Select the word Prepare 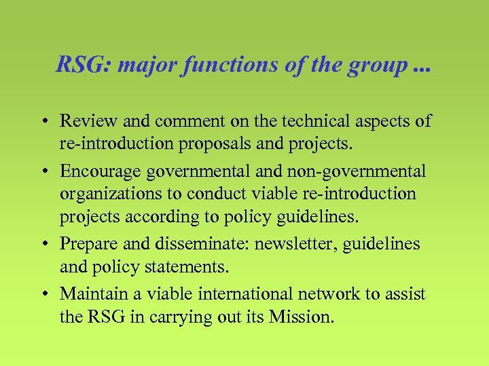(x=88, y=243)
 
